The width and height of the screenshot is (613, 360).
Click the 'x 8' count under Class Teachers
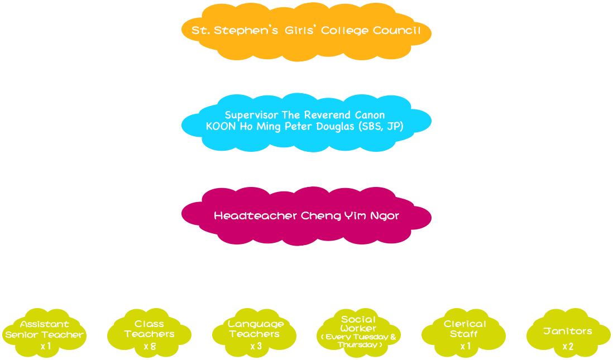(149, 347)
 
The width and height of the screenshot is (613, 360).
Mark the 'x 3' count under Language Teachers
(256, 347)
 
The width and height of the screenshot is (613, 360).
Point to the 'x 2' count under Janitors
(568, 347)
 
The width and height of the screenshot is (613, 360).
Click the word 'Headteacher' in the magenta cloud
(256, 215)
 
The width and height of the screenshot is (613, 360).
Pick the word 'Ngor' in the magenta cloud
(386, 215)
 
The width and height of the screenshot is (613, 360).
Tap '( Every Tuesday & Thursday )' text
(359, 341)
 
